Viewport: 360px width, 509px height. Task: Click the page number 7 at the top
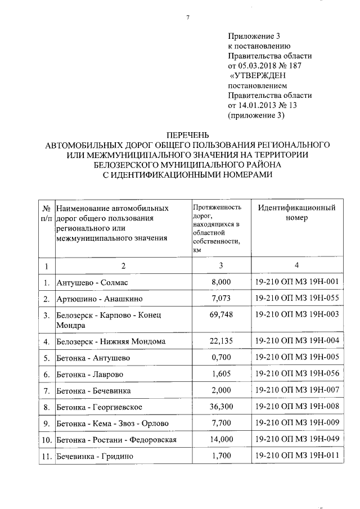point(187,17)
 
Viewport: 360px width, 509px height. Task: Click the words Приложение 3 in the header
point(253,35)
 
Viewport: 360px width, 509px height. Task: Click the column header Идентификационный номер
point(296,213)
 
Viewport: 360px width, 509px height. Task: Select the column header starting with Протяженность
point(217,227)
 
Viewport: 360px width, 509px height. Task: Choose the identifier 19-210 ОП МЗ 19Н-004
point(296,340)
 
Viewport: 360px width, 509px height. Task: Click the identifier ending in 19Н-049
point(296,439)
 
